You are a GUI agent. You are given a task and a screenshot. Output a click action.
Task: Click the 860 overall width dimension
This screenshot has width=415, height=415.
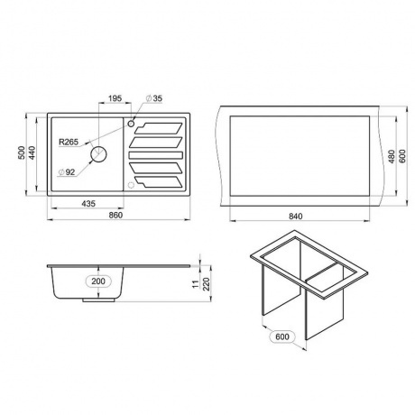coord(115,216)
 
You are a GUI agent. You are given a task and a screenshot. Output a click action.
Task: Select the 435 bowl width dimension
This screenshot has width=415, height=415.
coord(88,204)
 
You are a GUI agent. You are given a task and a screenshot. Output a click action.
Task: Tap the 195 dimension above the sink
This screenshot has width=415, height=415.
coord(115,98)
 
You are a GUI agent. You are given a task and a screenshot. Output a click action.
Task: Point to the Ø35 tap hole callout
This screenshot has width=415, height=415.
coord(154,98)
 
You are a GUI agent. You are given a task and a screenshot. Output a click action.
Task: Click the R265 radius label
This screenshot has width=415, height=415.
coord(69,142)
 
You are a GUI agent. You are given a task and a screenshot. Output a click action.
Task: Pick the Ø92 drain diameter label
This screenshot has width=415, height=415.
coord(67,172)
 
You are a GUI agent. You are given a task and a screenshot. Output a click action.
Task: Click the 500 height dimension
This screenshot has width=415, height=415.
coord(22,152)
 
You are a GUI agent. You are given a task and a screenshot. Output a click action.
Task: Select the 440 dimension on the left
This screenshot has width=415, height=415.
coord(32,152)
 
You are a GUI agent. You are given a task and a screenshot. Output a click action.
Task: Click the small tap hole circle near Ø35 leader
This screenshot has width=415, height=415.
coord(131,124)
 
